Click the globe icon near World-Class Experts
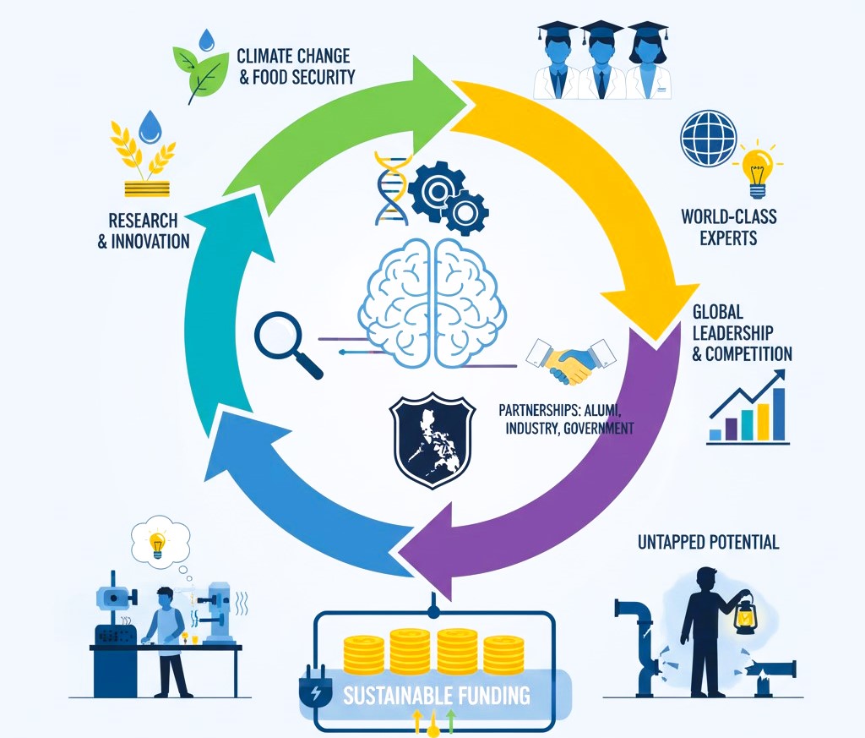pos(708,140)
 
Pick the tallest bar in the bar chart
pos(779,414)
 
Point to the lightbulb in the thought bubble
pos(157,540)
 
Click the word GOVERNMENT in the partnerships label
pos(594,429)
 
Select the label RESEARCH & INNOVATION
pos(144,231)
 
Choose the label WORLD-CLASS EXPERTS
pos(728,226)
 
